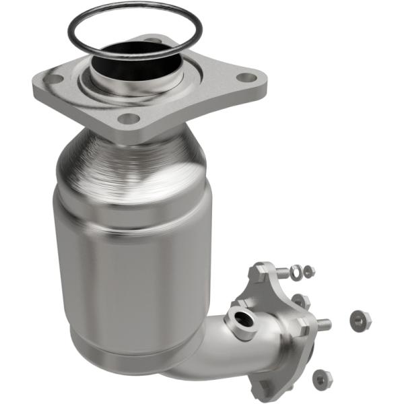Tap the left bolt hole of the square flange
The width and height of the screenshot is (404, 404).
(x=54, y=79)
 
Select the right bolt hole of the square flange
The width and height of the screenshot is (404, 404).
(x=247, y=77)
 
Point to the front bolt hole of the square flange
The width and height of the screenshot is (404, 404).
(x=129, y=119)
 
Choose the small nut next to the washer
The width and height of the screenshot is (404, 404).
(x=309, y=271)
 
